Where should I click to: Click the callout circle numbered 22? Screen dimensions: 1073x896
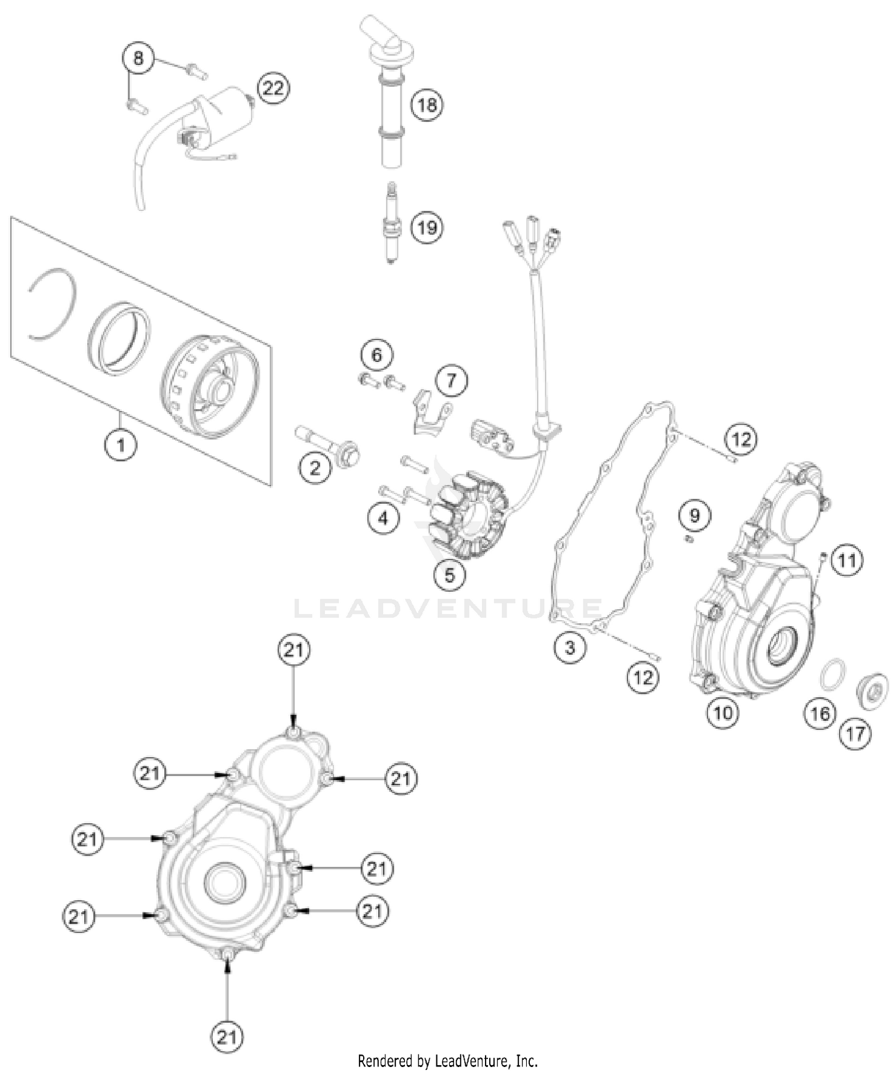point(273,88)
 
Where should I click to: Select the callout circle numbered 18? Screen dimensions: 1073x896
point(426,105)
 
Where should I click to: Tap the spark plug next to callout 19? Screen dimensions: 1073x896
point(392,224)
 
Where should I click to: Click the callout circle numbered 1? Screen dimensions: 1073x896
point(121,445)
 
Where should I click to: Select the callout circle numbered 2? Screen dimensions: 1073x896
point(315,468)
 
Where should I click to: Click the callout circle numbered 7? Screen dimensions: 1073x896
point(451,380)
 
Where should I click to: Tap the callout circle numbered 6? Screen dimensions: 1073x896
point(377,355)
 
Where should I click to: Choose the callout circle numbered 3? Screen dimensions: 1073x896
point(569,647)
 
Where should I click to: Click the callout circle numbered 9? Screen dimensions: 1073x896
point(694,515)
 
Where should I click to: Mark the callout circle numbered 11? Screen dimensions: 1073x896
point(847,560)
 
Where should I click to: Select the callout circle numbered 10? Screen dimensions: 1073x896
point(723,713)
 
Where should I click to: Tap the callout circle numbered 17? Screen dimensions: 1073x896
point(855,734)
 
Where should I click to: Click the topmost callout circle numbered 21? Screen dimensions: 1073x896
point(294,650)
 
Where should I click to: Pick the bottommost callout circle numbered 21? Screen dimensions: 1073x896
point(227,1037)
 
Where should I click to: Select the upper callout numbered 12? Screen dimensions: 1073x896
point(741,439)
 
